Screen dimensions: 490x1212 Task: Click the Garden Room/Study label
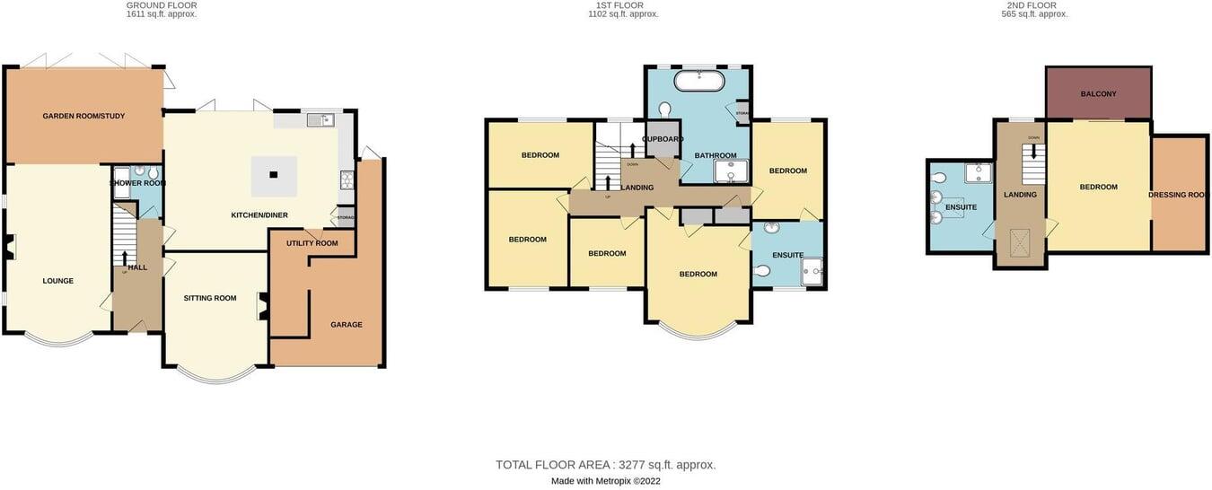83,117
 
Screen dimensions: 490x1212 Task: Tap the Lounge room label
58,281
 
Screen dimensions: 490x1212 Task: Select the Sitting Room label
210,298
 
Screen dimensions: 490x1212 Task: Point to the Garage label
347,325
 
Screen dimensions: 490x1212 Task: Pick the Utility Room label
312,243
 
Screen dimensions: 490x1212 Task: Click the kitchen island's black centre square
274,175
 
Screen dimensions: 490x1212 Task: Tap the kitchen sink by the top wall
318,119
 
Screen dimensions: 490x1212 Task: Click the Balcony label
1099,93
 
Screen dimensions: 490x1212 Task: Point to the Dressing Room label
1179,195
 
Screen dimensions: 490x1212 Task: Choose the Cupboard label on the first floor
663,139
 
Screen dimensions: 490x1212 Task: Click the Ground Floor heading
162,5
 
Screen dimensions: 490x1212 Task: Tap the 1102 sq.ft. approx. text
623,14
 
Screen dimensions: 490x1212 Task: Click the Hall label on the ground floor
137,267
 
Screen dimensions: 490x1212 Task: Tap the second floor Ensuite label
961,207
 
